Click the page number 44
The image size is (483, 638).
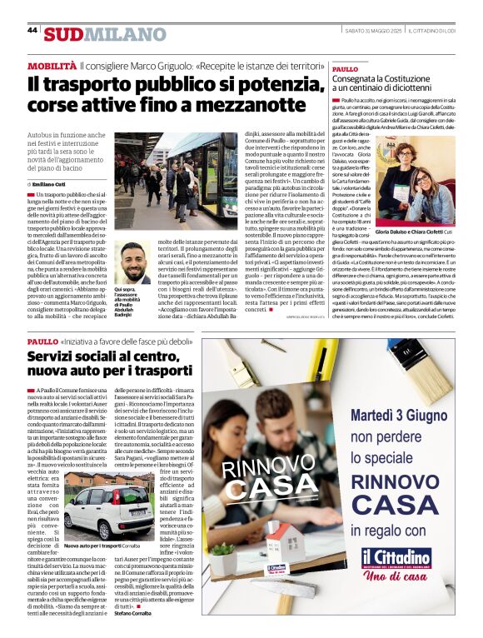[32, 30]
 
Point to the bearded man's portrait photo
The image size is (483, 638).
[133, 263]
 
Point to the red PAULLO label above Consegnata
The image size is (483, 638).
[346, 69]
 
